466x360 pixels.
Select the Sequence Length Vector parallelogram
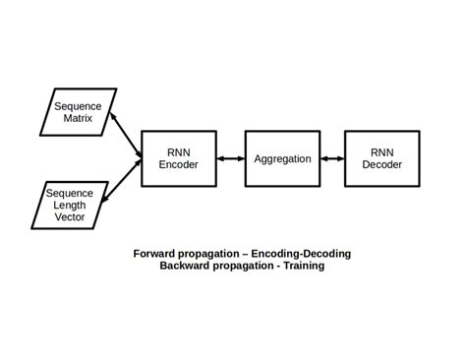(x=70, y=205)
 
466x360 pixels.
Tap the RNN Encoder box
(x=179, y=158)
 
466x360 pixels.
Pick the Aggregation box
(x=282, y=158)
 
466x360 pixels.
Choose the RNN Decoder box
(x=381, y=158)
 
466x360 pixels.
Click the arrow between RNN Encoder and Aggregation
(x=231, y=158)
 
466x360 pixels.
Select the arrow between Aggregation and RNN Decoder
(x=332, y=158)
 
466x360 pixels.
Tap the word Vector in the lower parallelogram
(x=70, y=216)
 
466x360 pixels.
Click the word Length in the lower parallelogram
(x=70, y=205)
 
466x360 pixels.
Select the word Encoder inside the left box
(x=179, y=165)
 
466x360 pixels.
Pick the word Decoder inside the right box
(x=381, y=165)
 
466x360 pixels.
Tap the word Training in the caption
(x=300, y=266)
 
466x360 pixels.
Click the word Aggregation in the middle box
(x=282, y=158)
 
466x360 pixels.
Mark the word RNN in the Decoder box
(x=381, y=152)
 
